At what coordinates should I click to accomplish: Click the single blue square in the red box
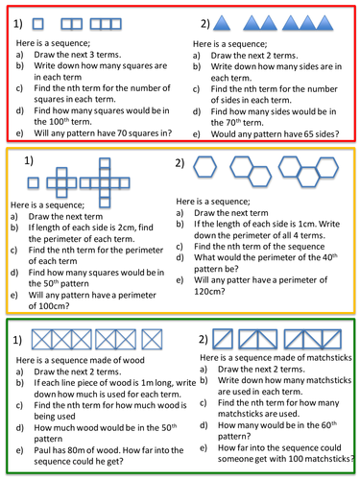pyautogui.click(x=38, y=24)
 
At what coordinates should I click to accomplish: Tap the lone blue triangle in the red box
pyautogui.click(x=222, y=23)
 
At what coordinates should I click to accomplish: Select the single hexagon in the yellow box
pyautogui.click(x=205, y=167)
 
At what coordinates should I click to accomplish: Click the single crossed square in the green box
pyautogui.click(x=152, y=340)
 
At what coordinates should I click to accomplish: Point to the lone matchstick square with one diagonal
pyautogui.click(x=223, y=339)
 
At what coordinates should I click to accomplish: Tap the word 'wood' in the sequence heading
pyautogui.click(x=133, y=360)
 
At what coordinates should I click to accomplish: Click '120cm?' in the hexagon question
pyautogui.click(x=209, y=291)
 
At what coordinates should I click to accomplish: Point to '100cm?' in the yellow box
pyautogui.click(x=49, y=306)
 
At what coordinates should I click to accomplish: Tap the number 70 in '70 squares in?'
pyautogui.click(x=122, y=132)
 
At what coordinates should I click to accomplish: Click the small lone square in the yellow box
pyautogui.click(x=34, y=183)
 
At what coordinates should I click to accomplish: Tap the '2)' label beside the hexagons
pyautogui.click(x=180, y=163)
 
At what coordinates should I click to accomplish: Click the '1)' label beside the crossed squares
pyautogui.click(x=17, y=340)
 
